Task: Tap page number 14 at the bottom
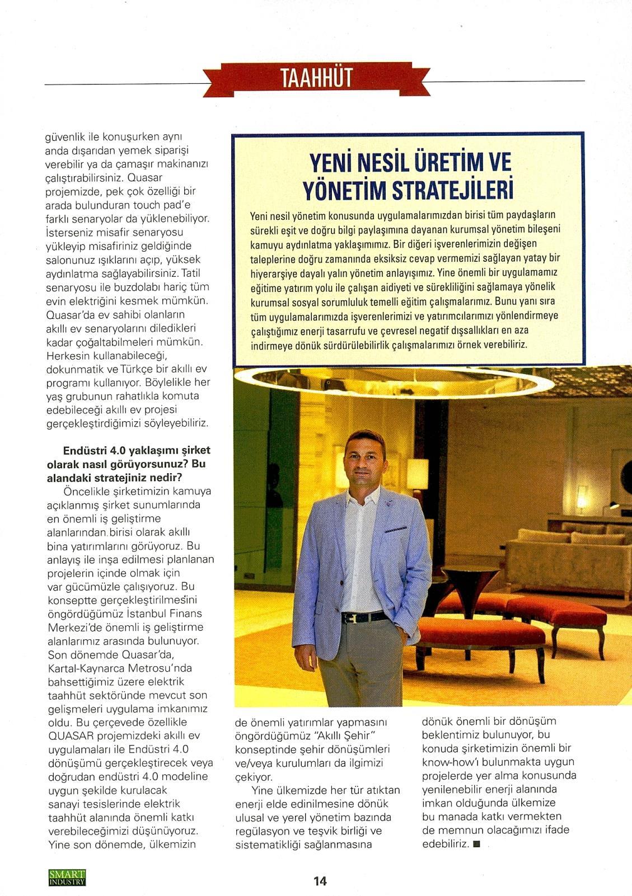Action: [x=320, y=881]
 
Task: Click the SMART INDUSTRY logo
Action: [x=67, y=878]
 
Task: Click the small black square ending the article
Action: [x=476, y=844]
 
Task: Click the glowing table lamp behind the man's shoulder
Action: [x=417, y=471]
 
